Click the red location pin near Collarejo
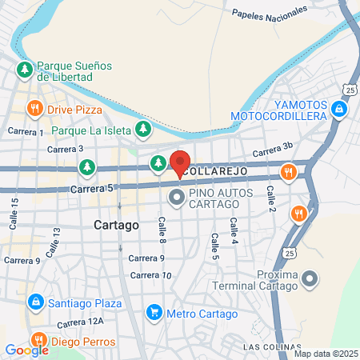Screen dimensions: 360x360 180,161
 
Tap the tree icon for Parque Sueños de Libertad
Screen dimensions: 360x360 25,70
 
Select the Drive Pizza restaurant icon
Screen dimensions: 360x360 34,109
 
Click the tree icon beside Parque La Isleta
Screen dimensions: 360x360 142,129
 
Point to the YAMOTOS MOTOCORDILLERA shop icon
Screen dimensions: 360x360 339,109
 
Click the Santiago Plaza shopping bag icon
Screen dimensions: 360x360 34,303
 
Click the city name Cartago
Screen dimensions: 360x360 116,225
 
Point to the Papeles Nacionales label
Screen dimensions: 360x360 269,13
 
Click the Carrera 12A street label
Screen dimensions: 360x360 80,322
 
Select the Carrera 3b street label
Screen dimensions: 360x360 273,150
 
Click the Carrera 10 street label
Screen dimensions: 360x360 150,275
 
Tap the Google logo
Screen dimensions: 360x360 26,350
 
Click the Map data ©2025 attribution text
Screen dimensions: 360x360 326,354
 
